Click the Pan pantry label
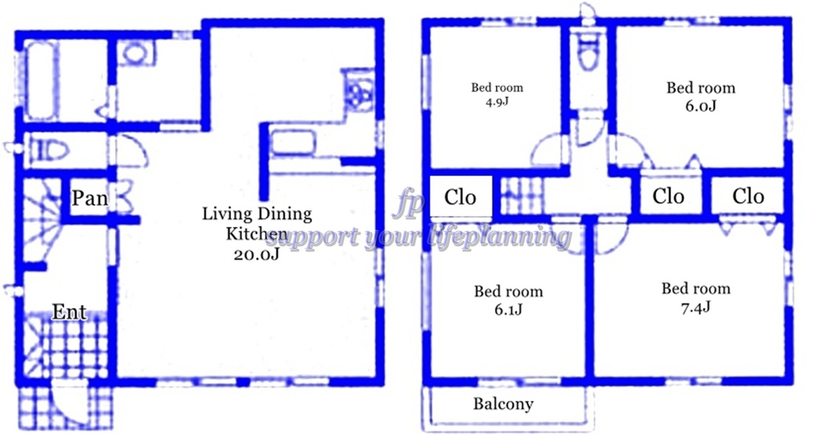click(x=90, y=198)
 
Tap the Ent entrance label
click(x=69, y=312)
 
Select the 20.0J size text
click(x=256, y=254)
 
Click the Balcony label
click(x=503, y=405)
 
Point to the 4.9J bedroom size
click(x=497, y=101)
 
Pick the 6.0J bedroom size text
click(x=701, y=106)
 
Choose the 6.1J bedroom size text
click(x=508, y=309)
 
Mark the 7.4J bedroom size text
click(x=696, y=307)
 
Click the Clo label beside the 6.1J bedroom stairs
click(x=460, y=197)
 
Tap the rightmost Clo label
click(x=748, y=196)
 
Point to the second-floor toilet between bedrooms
click(x=588, y=51)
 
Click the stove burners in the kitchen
click(x=357, y=95)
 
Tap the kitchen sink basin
click(x=292, y=143)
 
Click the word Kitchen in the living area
click(x=256, y=234)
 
